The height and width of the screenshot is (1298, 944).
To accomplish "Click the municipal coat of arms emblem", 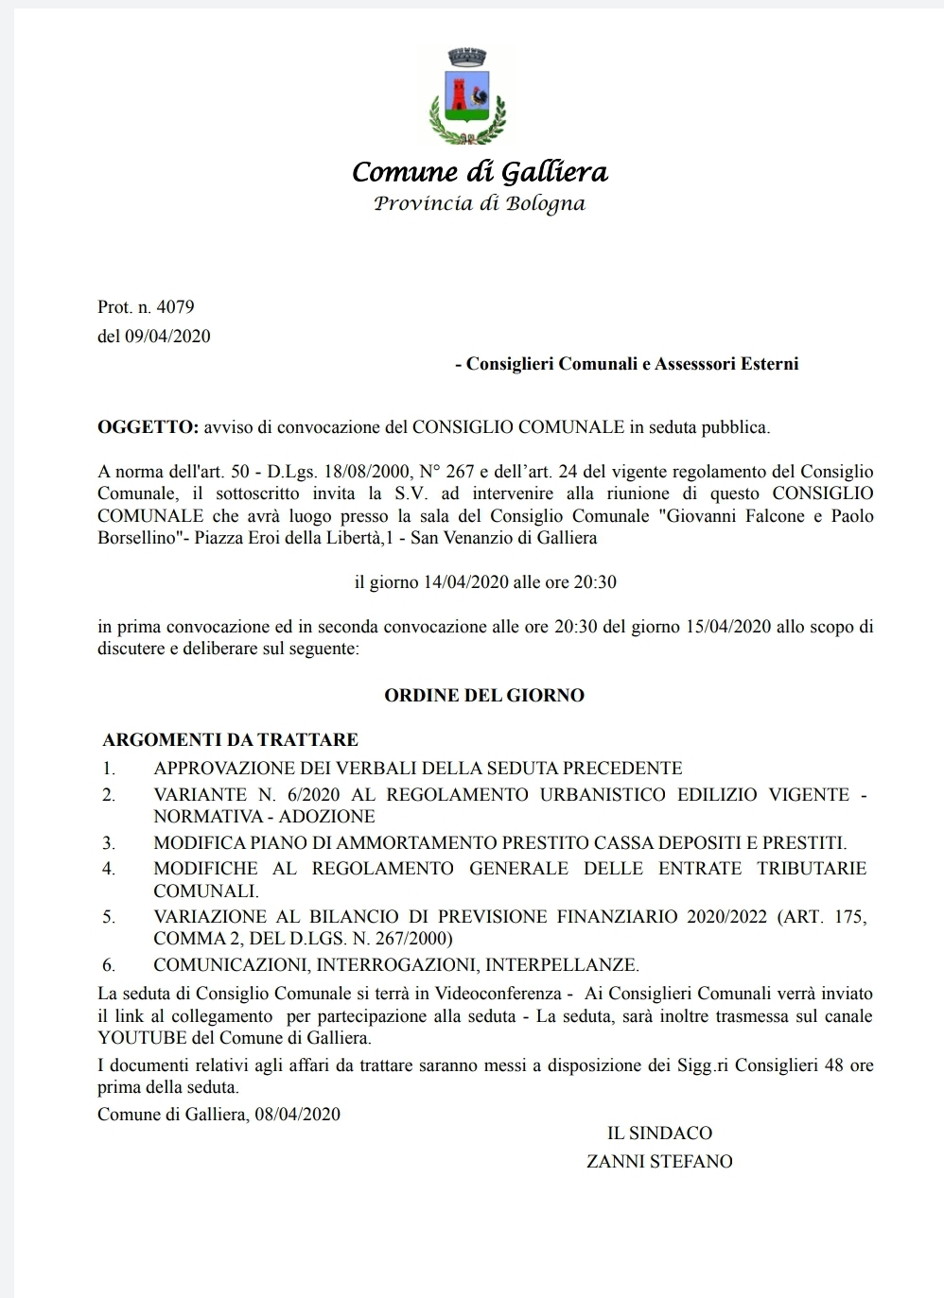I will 467,95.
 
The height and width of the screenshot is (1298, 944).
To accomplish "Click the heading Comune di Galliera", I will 480,172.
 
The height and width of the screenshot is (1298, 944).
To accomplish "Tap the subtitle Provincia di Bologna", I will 480,203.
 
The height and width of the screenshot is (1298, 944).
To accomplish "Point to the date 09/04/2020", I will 167,336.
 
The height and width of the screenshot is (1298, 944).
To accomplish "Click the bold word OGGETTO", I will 148,426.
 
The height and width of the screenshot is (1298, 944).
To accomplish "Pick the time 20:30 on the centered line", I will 595,581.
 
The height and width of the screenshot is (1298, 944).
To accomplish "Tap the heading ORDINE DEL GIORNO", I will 484,695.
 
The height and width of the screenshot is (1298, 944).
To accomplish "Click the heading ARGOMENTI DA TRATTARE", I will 231,739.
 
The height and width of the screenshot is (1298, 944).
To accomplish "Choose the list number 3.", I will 109,842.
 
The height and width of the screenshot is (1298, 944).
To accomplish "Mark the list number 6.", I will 109,965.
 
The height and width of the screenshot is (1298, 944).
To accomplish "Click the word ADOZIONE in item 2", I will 326,816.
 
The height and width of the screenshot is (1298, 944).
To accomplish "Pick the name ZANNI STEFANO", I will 659,1161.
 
